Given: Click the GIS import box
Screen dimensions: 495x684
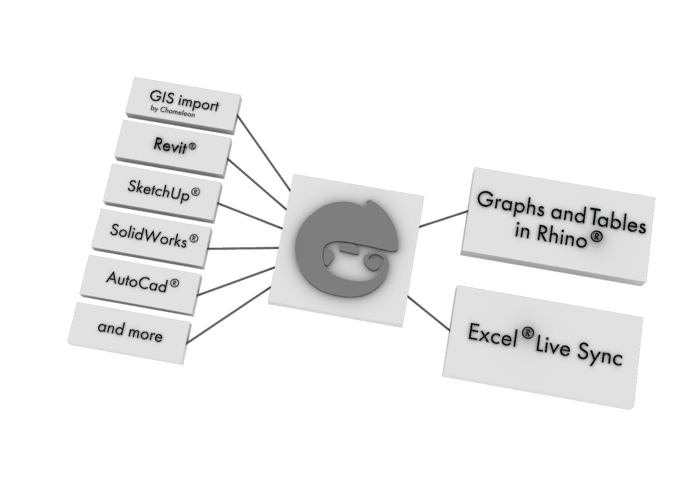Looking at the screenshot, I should [x=184, y=105].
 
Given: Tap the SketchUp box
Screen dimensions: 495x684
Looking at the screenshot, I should [x=161, y=190].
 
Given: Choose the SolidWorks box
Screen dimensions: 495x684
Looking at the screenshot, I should [x=151, y=236].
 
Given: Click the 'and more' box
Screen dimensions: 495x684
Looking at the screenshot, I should [x=130, y=330].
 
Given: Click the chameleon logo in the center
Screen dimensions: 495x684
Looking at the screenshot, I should [x=345, y=248].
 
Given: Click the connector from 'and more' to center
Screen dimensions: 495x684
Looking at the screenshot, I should [x=228, y=316].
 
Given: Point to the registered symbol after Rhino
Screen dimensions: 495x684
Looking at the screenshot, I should [x=595, y=238].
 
